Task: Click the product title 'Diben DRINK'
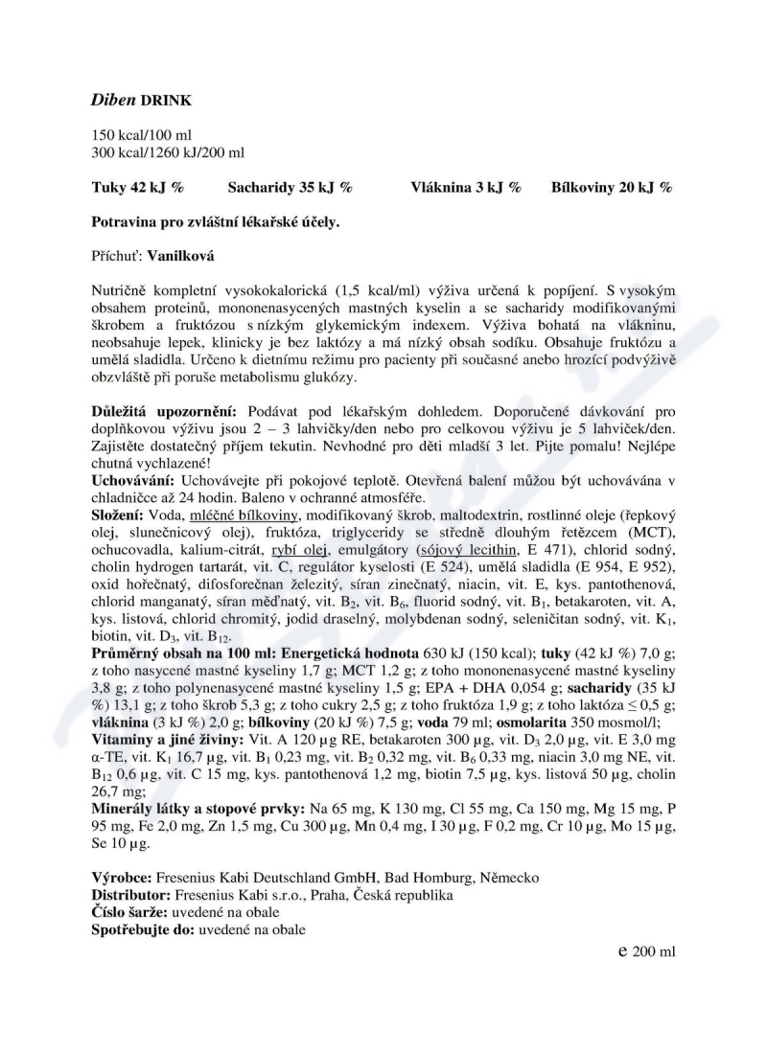click(140, 100)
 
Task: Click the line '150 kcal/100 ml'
click(141, 135)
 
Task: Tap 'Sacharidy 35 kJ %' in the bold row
click(290, 188)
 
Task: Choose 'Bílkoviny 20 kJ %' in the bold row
click(612, 188)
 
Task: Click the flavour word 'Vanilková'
click(181, 256)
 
